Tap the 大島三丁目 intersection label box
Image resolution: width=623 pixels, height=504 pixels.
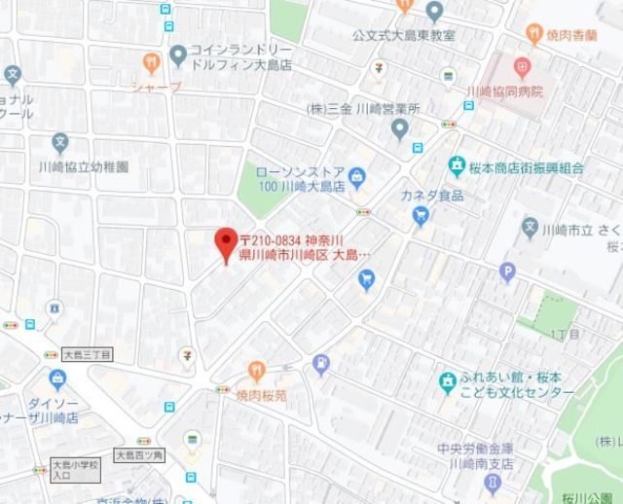(88, 356)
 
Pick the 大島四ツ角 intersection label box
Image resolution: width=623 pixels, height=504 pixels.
(140, 453)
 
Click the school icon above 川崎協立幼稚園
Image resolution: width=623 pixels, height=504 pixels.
(60, 142)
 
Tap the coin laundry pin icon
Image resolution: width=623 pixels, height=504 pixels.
(178, 54)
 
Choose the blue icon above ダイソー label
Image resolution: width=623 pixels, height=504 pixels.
(56, 378)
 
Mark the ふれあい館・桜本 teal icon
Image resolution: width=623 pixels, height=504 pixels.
(447, 380)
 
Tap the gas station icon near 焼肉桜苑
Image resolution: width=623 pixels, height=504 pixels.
(320, 364)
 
